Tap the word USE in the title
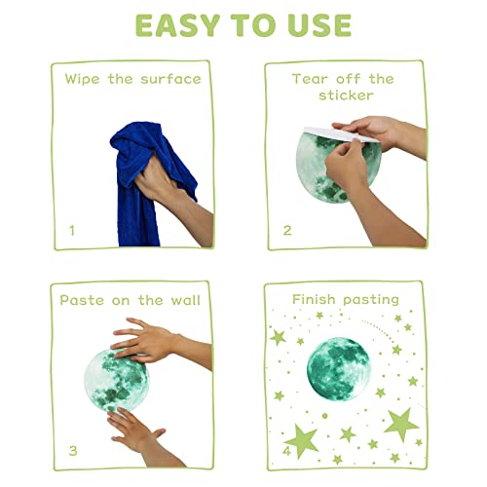coord(320,25)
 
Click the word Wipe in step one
coord(82,79)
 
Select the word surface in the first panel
coord(170,79)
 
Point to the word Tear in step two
coord(311,79)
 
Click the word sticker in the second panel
coord(346,95)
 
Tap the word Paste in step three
coord(82,300)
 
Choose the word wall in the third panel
coord(186,300)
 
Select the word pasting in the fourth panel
coord(371,300)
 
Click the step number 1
coord(72,231)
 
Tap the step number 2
coord(287,231)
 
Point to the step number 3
coord(73,451)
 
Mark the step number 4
coord(286,451)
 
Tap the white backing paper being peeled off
coord(341,134)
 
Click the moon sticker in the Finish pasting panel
coord(338,369)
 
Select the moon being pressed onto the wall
coord(116,380)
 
